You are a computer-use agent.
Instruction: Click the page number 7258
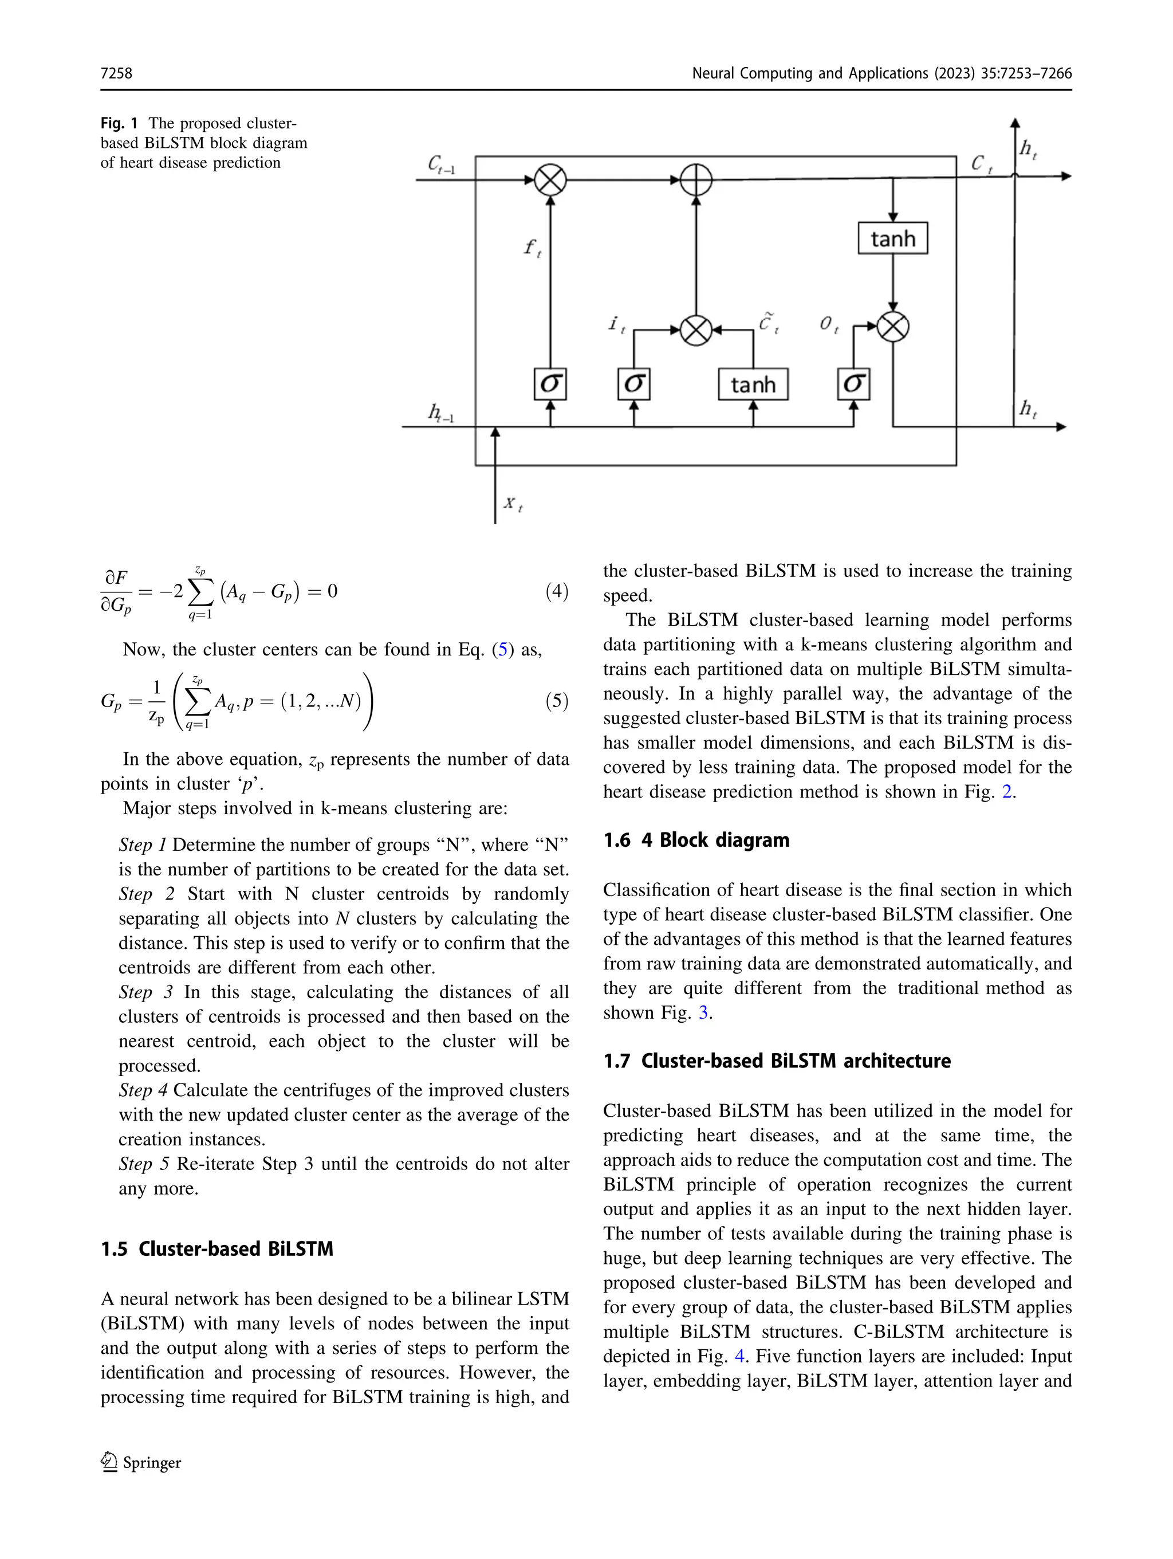click(116, 73)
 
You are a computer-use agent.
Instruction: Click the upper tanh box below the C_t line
click(892, 238)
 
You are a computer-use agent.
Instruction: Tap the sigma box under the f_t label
click(550, 384)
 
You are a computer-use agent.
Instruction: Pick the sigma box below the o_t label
click(853, 384)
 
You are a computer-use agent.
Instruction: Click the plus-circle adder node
click(696, 180)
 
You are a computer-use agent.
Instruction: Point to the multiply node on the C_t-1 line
click(550, 180)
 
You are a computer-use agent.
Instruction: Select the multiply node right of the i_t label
click(696, 329)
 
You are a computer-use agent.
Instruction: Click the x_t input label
click(512, 503)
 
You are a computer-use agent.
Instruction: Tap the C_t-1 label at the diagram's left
click(442, 165)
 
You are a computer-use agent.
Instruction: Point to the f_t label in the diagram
click(533, 248)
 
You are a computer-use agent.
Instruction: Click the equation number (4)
click(557, 591)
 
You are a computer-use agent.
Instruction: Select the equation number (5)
click(557, 701)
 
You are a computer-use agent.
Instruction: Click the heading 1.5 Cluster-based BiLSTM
click(217, 1249)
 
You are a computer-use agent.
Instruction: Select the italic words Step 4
click(143, 1090)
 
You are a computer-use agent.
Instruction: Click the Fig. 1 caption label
click(119, 123)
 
